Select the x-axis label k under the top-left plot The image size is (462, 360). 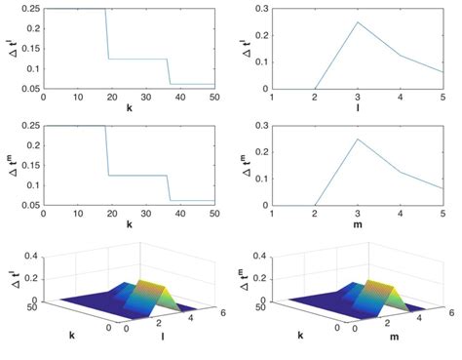pyautogui.click(x=129, y=109)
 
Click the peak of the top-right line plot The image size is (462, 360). pyautogui.click(x=358, y=22)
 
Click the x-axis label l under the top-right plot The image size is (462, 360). pyautogui.click(x=358, y=109)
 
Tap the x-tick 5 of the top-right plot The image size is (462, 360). pyautogui.click(x=443, y=98)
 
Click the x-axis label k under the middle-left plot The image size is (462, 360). pyautogui.click(x=129, y=225)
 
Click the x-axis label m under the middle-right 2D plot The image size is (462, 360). pyautogui.click(x=358, y=225)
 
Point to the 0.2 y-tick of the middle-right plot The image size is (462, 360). pyautogui.click(x=259, y=152)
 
